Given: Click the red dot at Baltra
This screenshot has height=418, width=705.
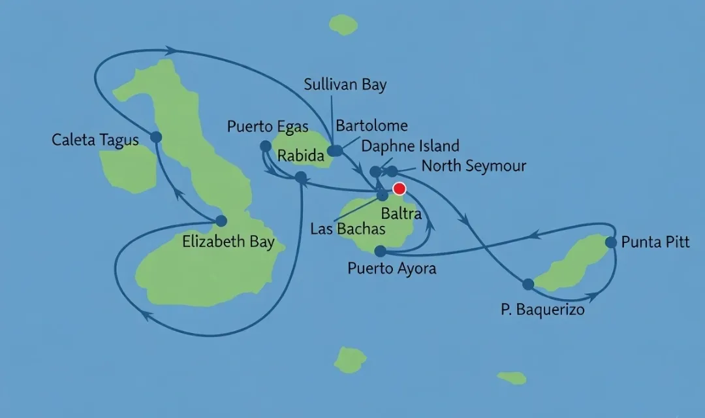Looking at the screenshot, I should (x=399, y=189).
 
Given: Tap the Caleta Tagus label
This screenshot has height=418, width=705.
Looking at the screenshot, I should (x=95, y=140).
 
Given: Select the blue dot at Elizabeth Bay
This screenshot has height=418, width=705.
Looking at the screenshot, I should (x=221, y=221).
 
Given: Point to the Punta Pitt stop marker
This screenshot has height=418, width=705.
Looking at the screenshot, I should (x=611, y=242).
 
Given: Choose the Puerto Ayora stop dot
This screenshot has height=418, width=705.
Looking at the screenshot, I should (x=381, y=251).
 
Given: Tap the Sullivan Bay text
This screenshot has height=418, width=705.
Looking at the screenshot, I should (x=345, y=85).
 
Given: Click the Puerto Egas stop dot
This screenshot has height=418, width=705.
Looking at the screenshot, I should (x=265, y=146).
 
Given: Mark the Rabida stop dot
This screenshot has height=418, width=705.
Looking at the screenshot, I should (x=300, y=176).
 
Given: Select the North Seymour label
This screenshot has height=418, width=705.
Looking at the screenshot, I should (x=473, y=166).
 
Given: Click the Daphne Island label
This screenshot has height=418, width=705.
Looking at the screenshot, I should (x=410, y=146).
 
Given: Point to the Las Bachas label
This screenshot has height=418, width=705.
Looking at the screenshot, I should (x=347, y=229).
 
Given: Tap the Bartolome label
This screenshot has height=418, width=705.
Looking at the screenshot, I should (x=371, y=125).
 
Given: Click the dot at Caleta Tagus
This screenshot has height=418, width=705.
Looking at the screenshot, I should (x=156, y=137).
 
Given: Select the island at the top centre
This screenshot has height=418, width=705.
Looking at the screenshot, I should (x=343, y=25).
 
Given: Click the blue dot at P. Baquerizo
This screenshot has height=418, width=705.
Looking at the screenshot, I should (x=528, y=284).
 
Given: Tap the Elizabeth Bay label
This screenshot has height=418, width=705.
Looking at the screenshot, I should (x=224, y=242).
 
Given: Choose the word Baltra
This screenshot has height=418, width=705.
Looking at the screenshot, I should (x=401, y=213).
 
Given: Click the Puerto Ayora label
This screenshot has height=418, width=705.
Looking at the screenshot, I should (x=392, y=268).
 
